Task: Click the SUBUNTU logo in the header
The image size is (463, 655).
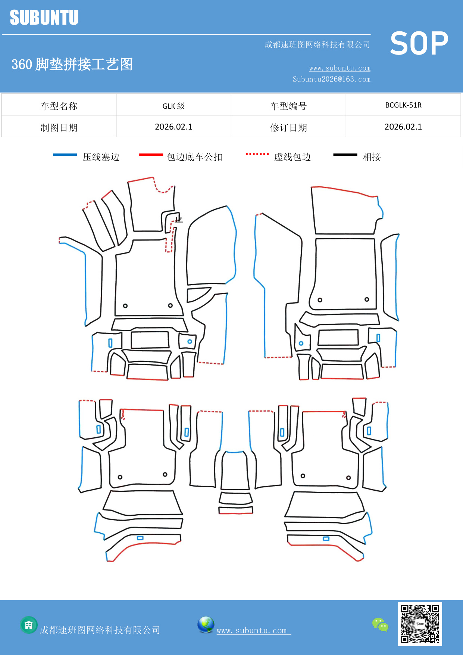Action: [44, 18]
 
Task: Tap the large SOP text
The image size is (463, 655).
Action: [419, 43]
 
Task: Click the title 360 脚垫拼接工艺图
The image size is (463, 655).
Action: [72, 64]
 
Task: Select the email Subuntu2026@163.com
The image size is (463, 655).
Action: [331, 79]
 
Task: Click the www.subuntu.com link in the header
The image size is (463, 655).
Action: [340, 68]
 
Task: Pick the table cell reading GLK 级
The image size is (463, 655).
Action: [173, 106]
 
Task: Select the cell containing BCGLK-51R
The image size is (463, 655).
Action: [403, 105]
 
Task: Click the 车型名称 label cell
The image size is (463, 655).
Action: [59, 106]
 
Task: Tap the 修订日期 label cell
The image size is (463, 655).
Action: [288, 128]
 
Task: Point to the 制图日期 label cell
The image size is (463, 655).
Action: [59, 128]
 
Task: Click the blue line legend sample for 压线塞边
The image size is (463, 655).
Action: [65, 155]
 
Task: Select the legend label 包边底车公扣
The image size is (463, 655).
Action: [194, 157]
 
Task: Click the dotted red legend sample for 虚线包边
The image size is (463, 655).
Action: [257, 154]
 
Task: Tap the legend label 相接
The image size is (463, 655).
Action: [372, 157]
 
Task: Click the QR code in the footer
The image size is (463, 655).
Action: [420, 624]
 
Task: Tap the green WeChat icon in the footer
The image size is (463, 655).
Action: [380, 624]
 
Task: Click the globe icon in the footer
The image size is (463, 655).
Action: [206, 625]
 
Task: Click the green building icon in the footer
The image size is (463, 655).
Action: [29, 625]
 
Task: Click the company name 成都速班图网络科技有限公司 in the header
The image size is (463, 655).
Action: [317, 45]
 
